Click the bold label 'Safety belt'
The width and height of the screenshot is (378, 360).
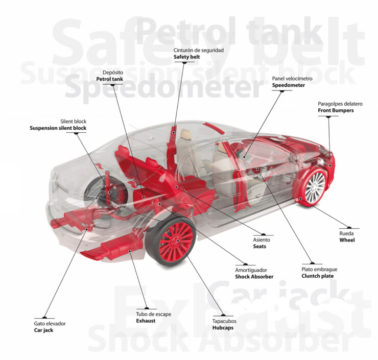187,57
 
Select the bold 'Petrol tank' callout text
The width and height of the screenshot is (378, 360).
109,79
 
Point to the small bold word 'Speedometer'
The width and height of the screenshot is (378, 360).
288,85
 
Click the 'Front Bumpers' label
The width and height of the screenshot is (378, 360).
335,110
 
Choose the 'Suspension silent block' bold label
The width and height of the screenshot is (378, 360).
58,128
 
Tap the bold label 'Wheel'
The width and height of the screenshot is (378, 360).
347,240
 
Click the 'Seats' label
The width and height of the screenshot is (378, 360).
259,247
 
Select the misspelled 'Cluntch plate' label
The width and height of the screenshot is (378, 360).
317,276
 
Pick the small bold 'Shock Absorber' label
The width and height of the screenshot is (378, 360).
254,277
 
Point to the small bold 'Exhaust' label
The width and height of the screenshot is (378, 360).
146,321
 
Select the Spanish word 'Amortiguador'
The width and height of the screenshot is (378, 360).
251,270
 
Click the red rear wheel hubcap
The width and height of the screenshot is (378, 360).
176,237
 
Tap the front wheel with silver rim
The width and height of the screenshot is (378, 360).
314,186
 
